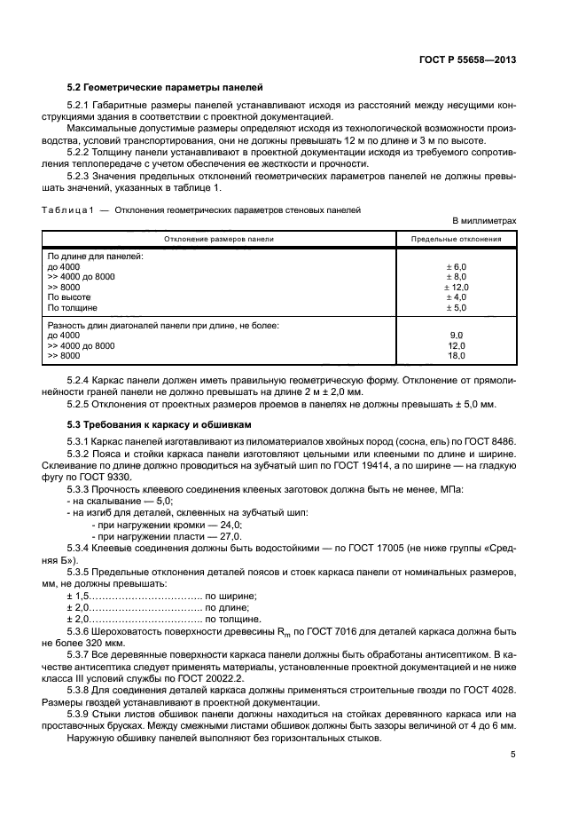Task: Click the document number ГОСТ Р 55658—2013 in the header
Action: pyautogui.click(x=469, y=59)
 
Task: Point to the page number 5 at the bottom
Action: pyautogui.click(x=513, y=755)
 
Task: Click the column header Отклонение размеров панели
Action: pyautogui.click(x=217, y=239)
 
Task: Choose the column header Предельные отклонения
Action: pyautogui.click(x=457, y=239)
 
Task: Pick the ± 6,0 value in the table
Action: pyautogui.click(x=455, y=266)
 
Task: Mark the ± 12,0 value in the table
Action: pyautogui.click(x=455, y=287)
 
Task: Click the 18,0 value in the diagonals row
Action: pyautogui.click(x=457, y=355)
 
